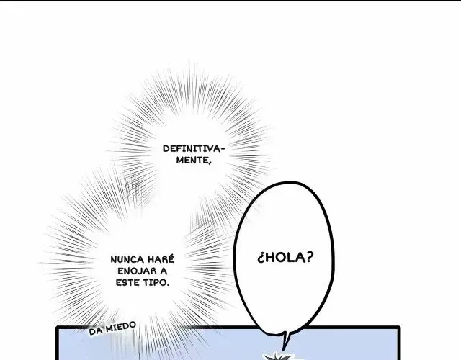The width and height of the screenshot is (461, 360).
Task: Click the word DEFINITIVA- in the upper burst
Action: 194,149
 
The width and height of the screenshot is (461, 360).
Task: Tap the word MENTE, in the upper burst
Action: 194,161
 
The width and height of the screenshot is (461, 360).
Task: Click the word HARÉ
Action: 161,259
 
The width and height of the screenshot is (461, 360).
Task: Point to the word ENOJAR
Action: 136,271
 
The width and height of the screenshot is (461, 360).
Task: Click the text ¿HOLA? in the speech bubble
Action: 285,258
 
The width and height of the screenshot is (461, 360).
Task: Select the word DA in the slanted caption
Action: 96,331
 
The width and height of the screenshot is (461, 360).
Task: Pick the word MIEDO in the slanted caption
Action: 121,326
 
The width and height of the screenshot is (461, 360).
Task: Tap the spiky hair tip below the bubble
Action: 278,356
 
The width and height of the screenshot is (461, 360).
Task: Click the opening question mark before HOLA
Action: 260,258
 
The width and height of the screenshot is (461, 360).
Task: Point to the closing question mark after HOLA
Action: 310,257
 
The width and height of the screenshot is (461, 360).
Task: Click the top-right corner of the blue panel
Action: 399,327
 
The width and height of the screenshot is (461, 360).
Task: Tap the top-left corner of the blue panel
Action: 58,327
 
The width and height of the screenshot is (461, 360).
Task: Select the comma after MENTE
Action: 210,163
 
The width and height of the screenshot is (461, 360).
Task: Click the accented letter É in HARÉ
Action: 171,259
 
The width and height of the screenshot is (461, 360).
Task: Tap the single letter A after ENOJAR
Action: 164,271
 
